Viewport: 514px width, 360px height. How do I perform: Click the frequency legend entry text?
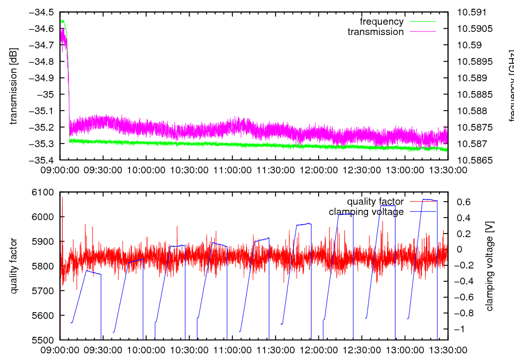[381, 22]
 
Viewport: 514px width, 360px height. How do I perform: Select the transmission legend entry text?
[375, 32]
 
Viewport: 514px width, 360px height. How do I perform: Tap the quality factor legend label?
[375, 202]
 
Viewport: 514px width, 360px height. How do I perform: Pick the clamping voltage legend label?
[366, 212]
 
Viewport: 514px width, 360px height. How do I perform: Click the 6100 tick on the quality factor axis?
[44, 192]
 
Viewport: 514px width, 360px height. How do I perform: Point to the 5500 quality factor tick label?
[44, 340]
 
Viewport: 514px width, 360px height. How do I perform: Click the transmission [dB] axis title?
[14, 86]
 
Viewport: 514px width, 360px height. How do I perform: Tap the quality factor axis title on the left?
[14, 266]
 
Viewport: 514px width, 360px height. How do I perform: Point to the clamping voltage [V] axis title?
[489, 266]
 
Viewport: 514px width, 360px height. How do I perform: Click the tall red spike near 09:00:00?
[62, 201]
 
